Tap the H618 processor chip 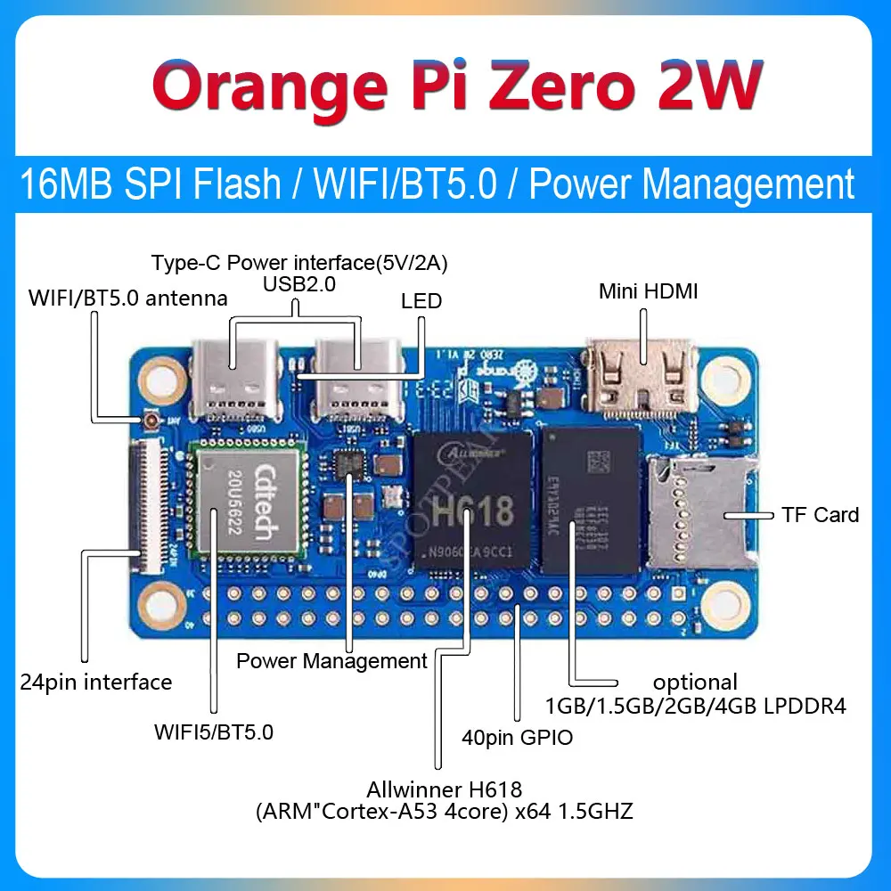(473, 508)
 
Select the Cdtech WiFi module (250, 504)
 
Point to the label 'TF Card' (820, 515)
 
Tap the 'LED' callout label (421, 300)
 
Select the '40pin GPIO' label (517, 738)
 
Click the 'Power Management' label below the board (331, 661)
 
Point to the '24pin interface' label (95, 683)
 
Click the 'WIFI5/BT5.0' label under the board (214, 733)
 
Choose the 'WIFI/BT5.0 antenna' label (127, 298)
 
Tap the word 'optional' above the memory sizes (695, 683)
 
